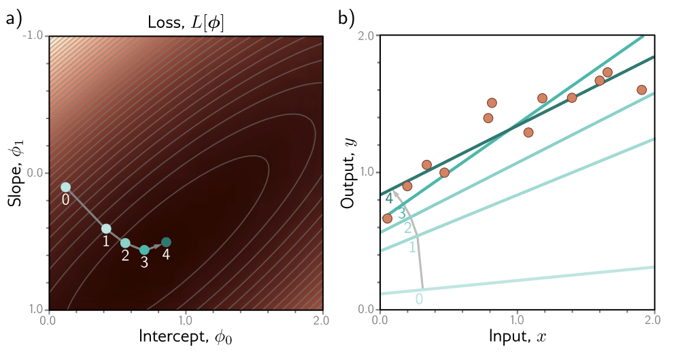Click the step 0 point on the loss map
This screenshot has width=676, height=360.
point(65,187)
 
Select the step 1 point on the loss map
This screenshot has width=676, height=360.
point(106,229)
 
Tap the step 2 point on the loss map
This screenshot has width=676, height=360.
point(125,243)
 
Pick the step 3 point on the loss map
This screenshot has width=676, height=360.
point(144,250)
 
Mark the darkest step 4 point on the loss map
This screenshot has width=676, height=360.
point(166,242)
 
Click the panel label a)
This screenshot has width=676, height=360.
point(15,19)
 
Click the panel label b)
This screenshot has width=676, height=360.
point(348,19)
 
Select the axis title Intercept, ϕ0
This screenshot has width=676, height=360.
point(184,337)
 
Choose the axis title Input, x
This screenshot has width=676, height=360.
point(518,337)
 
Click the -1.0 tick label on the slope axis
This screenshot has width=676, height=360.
point(34,36)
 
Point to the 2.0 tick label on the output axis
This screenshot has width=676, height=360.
point(368,36)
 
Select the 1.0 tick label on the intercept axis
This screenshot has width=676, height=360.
point(184,318)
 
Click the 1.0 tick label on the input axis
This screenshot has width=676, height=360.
point(518,318)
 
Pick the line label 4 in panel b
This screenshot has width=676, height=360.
point(389,199)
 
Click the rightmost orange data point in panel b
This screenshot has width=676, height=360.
point(641,90)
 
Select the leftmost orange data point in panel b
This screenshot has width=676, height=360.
point(387,218)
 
